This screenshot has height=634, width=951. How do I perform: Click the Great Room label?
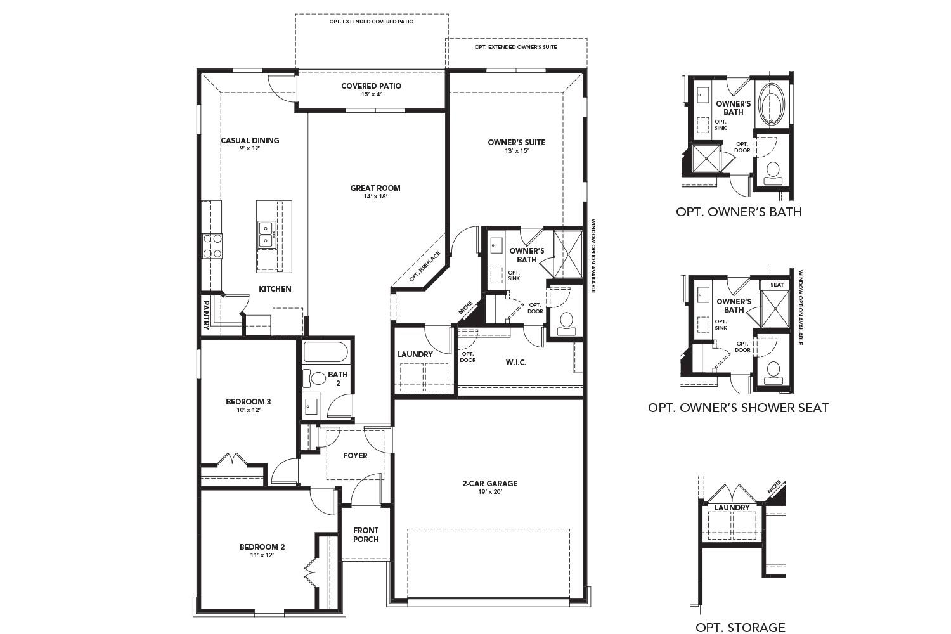coord(375,188)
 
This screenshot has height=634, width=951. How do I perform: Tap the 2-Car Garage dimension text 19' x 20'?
coord(489,492)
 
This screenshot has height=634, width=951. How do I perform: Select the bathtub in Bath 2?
coord(325,353)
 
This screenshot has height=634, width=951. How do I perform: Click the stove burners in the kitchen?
coord(212,246)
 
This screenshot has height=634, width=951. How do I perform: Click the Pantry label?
coord(207,315)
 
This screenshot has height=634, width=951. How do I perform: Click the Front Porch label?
coord(366,534)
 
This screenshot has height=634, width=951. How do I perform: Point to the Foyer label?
coord(355,455)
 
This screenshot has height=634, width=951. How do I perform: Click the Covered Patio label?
coord(371,86)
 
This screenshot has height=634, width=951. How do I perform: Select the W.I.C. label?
coord(516,362)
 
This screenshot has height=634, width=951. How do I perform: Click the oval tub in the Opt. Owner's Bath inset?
coord(772,103)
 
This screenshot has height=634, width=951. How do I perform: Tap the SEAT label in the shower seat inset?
coord(777,285)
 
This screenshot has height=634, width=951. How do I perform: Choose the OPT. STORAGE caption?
coord(740,628)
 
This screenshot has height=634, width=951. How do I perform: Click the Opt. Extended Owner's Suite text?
coord(515,47)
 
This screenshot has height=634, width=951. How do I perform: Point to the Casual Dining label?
coord(250,141)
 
